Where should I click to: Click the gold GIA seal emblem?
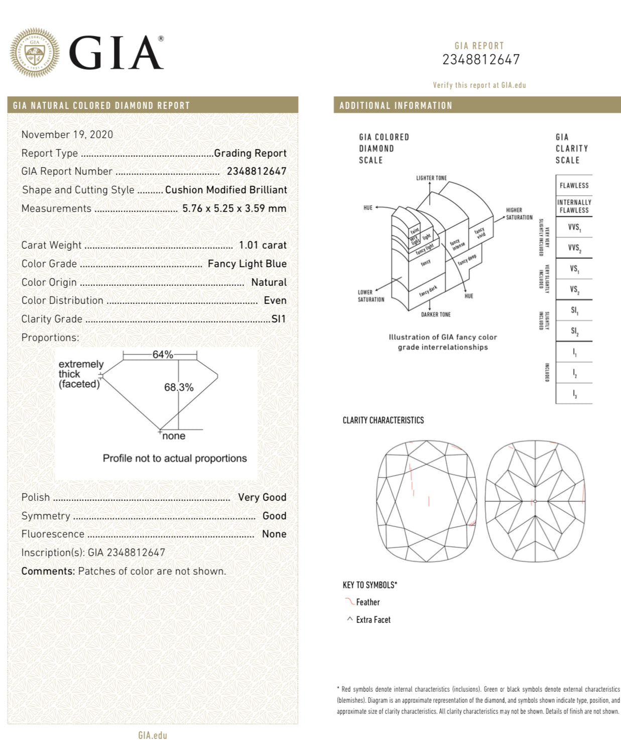point(35,52)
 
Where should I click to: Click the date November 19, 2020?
point(67,135)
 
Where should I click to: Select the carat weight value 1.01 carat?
point(263,245)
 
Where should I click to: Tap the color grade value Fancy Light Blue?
point(247,264)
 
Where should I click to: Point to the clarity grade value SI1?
point(278,319)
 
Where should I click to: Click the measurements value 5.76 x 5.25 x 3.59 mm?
point(234,208)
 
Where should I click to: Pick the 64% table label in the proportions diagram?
point(163,355)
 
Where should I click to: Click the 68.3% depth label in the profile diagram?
point(179,387)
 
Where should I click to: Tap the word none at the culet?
point(174,436)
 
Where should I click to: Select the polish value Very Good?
point(262,497)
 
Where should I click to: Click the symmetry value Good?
point(274,516)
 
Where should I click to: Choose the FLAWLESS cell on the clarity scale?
point(574,185)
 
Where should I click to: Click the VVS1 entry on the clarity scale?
point(574,227)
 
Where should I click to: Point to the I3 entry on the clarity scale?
point(574,394)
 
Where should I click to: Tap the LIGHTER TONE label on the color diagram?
point(431,178)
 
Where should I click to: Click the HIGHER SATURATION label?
point(519,214)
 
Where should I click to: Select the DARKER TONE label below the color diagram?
point(436,314)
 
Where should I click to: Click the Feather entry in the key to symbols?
point(367,602)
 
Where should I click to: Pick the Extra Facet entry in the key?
point(373,620)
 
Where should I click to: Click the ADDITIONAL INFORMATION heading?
point(396,105)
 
